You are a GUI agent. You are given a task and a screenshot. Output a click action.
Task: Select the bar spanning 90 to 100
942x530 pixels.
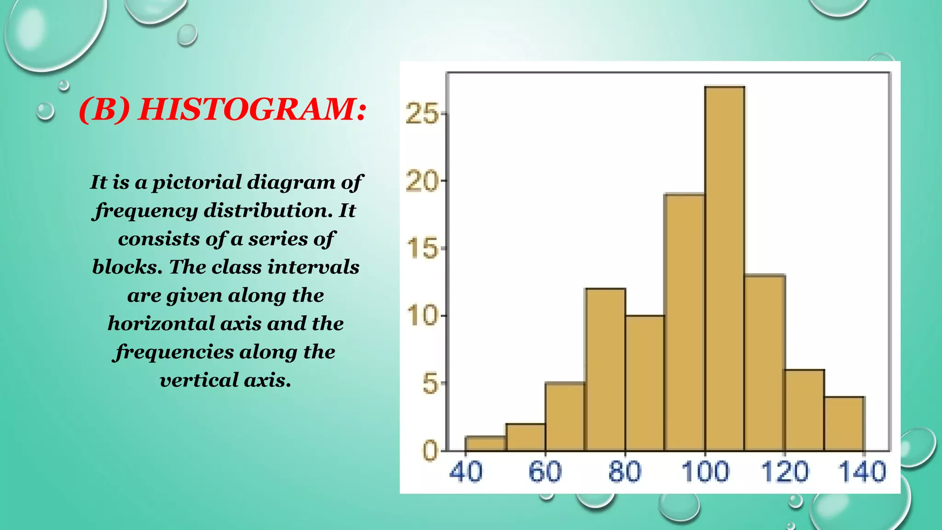[684, 322]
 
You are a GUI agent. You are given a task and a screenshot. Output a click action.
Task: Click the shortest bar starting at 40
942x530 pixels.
[485, 444]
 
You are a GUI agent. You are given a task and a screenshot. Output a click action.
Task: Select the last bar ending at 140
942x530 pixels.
[844, 424]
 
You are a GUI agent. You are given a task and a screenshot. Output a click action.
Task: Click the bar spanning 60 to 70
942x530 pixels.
[565, 417]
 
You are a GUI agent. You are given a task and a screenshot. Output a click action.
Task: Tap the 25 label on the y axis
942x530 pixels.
[422, 114]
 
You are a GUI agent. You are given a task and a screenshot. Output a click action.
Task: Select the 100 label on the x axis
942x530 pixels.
[705, 472]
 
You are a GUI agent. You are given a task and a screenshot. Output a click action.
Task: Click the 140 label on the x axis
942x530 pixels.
[862, 472]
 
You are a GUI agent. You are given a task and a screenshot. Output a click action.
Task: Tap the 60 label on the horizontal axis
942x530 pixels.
[545, 472]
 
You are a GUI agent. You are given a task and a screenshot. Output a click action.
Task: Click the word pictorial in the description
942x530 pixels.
[197, 183]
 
